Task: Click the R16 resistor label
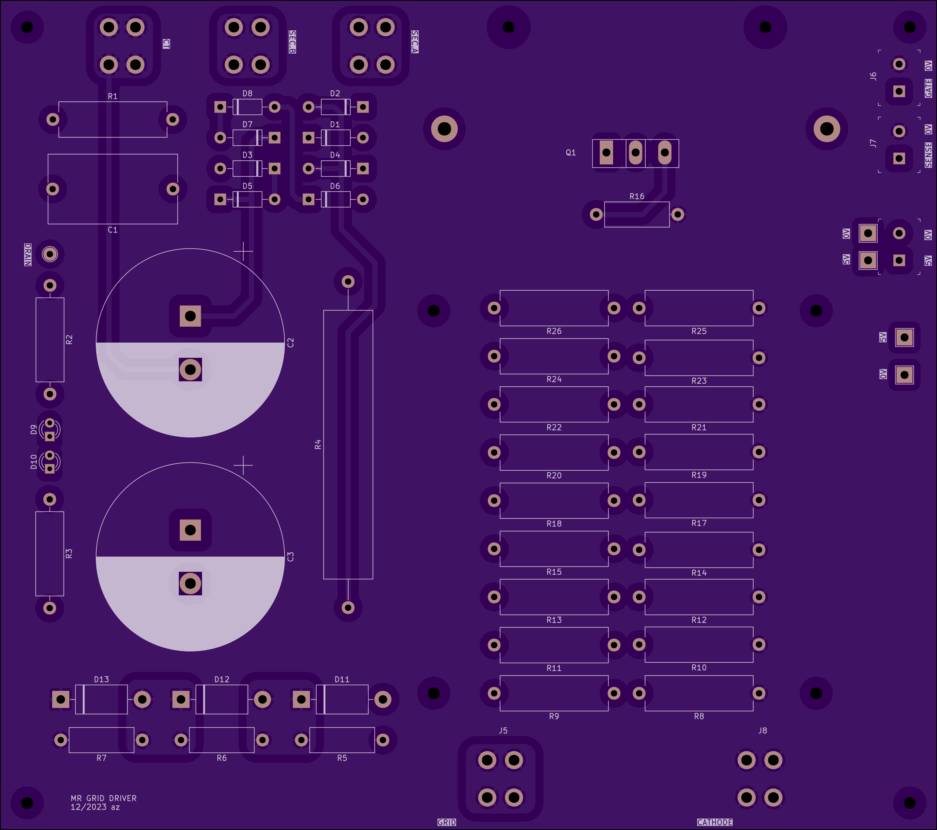(637, 196)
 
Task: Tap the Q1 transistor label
(571, 153)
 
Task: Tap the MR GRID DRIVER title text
(104, 798)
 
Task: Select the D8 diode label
(248, 93)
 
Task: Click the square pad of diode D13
(60, 699)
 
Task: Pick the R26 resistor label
(554, 331)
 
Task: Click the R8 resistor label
(699, 716)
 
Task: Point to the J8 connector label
(762, 731)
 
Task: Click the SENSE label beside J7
(928, 155)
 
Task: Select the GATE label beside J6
(928, 88)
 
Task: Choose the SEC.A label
(415, 42)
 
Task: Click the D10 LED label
(33, 462)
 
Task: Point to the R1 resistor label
(113, 96)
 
